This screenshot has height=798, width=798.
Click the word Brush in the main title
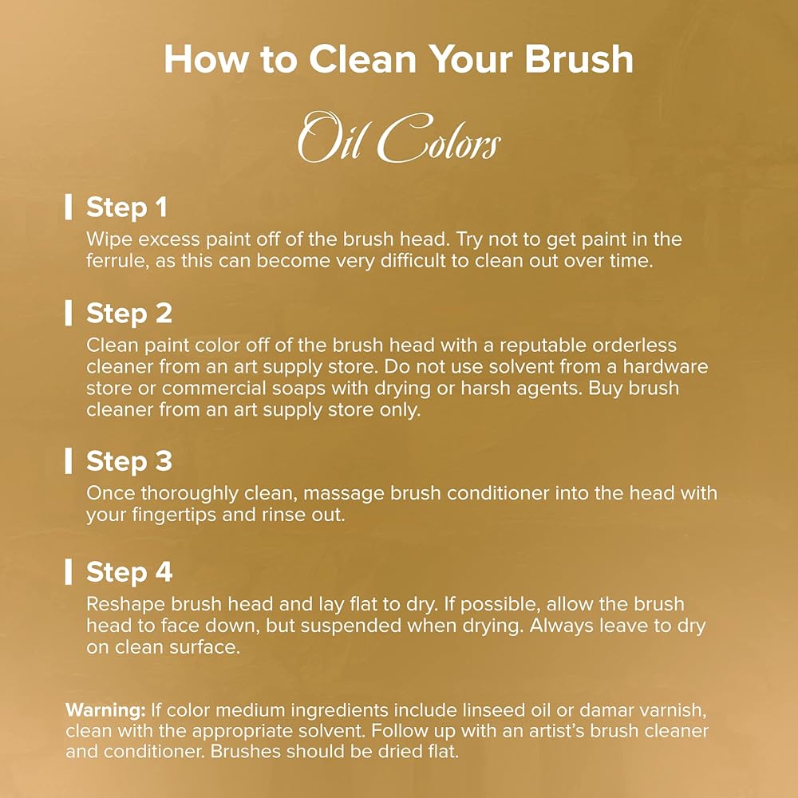pos(579,59)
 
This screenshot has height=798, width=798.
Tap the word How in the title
pos(206,59)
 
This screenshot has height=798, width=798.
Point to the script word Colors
pos(439,138)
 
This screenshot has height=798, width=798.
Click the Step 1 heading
pos(127,207)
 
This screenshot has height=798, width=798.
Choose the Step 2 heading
pos(129,313)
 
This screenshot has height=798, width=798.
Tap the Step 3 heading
pos(129,461)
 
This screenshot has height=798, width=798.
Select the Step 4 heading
pos(129,572)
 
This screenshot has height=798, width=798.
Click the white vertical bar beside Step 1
pos(68,207)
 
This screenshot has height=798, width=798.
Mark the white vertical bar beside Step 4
pos(68,572)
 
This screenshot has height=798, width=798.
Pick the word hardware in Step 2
pos(666,366)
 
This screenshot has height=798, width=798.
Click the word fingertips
pos(174,515)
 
